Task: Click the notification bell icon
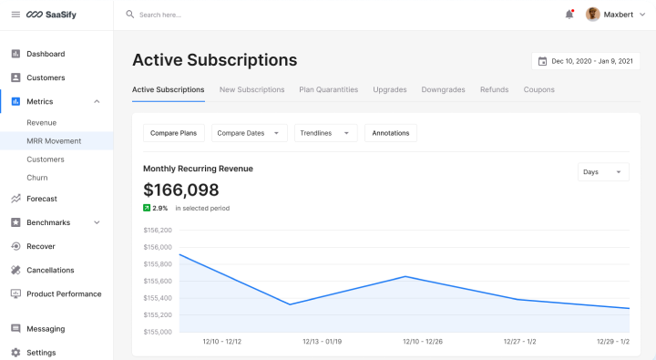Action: pyautogui.click(x=569, y=15)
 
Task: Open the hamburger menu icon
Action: pyautogui.click(x=15, y=15)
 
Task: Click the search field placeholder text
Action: pyautogui.click(x=159, y=15)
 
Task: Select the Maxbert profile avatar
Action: pyautogui.click(x=592, y=15)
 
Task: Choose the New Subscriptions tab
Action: pyautogui.click(x=251, y=89)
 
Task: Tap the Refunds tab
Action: pyautogui.click(x=494, y=89)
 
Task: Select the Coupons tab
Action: pyautogui.click(x=538, y=89)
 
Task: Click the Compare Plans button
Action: pyautogui.click(x=174, y=133)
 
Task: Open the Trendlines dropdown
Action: pyautogui.click(x=326, y=133)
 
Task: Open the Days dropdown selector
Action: pyautogui.click(x=603, y=172)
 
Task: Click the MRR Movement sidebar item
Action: pyautogui.click(x=54, y=141)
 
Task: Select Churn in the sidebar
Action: pyautogui.click(x=37, y=178)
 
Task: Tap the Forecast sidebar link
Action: pyautogui.click(x=42, y=199)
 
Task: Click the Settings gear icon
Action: pyautogui.click(x=15, y=353)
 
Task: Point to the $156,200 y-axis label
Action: pyautogui.click(x=158, y=230)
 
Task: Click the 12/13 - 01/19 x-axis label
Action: pyautogui.click(x=323, y=342)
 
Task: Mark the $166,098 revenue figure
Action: pyautogui.click(x=180, y=190)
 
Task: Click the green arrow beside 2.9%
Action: pyautogui.click(x=147, y=208)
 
